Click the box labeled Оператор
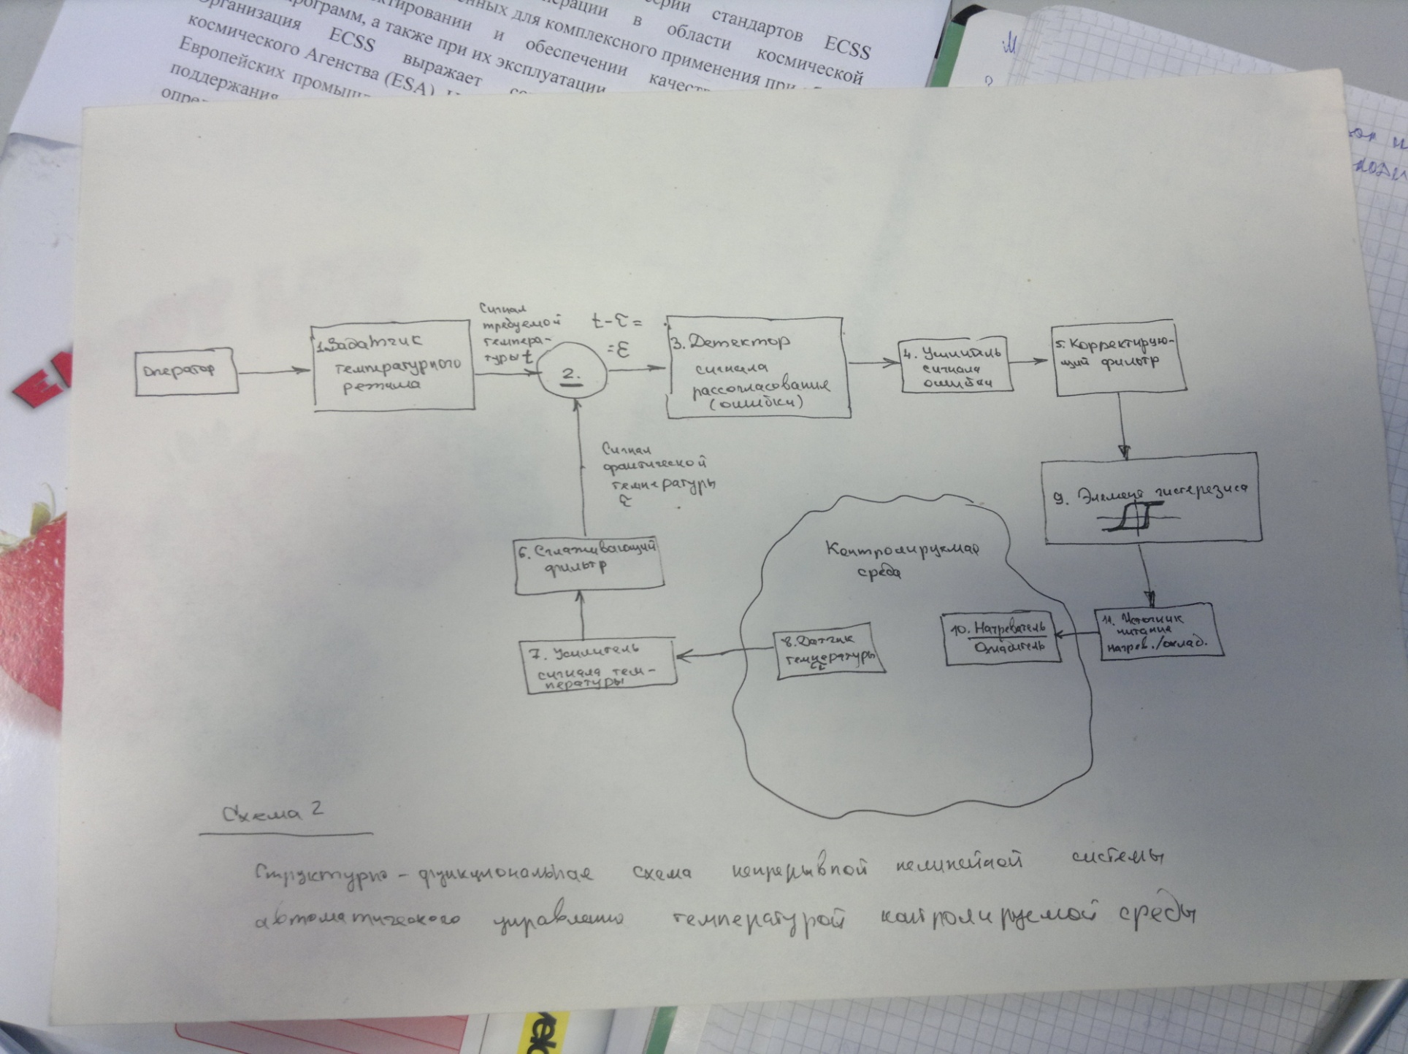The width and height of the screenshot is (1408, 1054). [x=186, y=372]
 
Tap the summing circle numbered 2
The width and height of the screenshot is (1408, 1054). [x=572, y=374]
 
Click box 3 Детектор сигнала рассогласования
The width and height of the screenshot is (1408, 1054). [x=757, y=368]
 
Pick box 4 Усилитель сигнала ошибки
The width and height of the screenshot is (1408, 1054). [x=954, y=365]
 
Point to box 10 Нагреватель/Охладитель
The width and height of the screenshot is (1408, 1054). [x=1001, y=638]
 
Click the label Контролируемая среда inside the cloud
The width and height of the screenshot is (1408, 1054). [x=902, y=558]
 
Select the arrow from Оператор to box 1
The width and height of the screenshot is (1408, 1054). [x=275, y=372]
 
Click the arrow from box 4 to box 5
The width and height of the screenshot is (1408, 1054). [x=1030, y=361]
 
